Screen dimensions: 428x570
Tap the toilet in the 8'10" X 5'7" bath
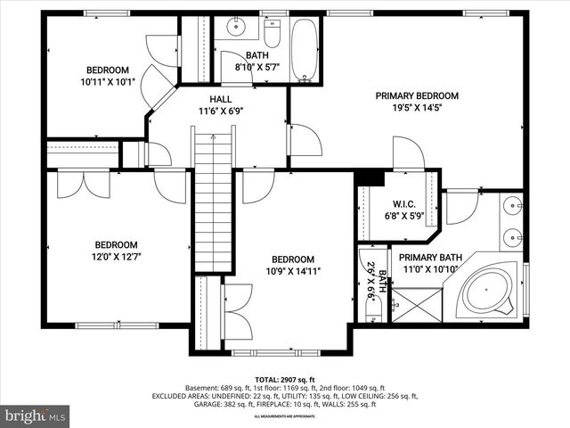point(273,34)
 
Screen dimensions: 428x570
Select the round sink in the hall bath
point(235,27)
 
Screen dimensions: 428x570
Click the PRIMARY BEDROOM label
point(416,95)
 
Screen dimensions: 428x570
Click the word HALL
point(222,99)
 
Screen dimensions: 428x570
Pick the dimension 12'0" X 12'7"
point(116,258)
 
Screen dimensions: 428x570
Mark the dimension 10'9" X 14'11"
point(293,271)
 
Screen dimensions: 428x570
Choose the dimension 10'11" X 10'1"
point(107,83)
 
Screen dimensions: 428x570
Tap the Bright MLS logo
point(36,416)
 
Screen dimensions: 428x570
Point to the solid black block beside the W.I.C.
point(365,178)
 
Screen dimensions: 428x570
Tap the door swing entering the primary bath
point(462,208)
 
